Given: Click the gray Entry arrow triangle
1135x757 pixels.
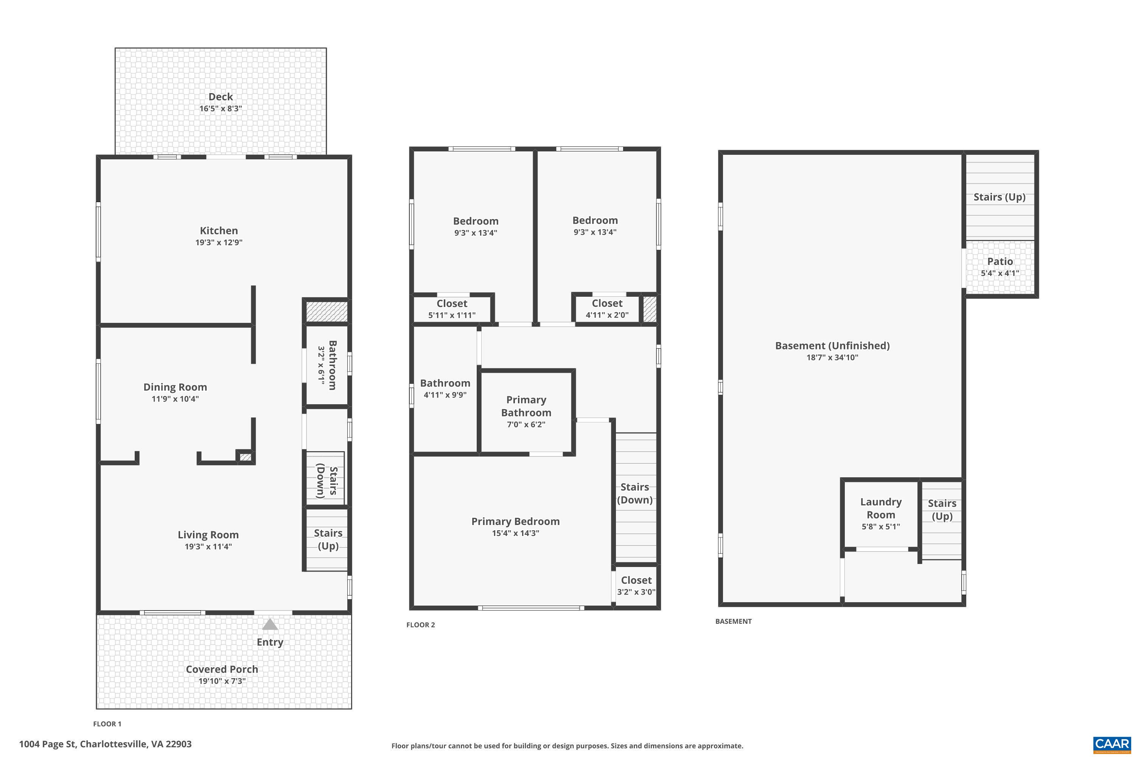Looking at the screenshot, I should pyautogui.click(x=270, y=625).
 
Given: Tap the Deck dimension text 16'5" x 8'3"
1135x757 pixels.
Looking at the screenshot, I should pyautogui.click(x=221, y=109).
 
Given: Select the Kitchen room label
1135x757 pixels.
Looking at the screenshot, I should pyautogui.click(x=219, y=231).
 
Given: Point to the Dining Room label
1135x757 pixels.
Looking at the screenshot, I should pyautogui.click(x=175, y=387).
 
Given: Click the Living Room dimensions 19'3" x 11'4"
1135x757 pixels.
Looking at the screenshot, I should pyautogui.click(x=208, y=547).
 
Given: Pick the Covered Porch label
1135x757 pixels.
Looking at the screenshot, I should pyautogui.click(x=222, y=669).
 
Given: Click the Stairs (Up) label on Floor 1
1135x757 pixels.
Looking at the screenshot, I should pyautogui.click(x=328, y=539).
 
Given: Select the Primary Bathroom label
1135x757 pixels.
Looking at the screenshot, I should pyautogui.click(x=526, y=406).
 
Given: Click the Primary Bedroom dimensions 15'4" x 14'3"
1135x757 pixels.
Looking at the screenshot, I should pyautogui.click(x=515, y=533).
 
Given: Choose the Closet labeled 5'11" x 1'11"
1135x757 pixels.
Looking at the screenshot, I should pyautogui.click(x=452, y=309).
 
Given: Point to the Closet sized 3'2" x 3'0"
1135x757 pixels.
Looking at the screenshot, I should pyautogui.click(x=636, y=586).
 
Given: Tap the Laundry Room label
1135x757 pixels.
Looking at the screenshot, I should pyautogui.click(x=881, y=508).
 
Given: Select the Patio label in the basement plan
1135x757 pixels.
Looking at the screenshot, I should pyautogui.click(x=1000, y=262).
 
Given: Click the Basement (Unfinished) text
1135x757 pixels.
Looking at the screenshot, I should pyautogui.click(x=832, y=346).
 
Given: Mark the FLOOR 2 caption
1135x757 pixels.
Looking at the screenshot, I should pyautogui.click(x=420, y=625).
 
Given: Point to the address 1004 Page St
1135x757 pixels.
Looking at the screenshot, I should pyautogui.click(x=105, y=744).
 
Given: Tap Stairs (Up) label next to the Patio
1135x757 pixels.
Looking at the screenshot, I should pyautogui.click(x=999, y=197).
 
